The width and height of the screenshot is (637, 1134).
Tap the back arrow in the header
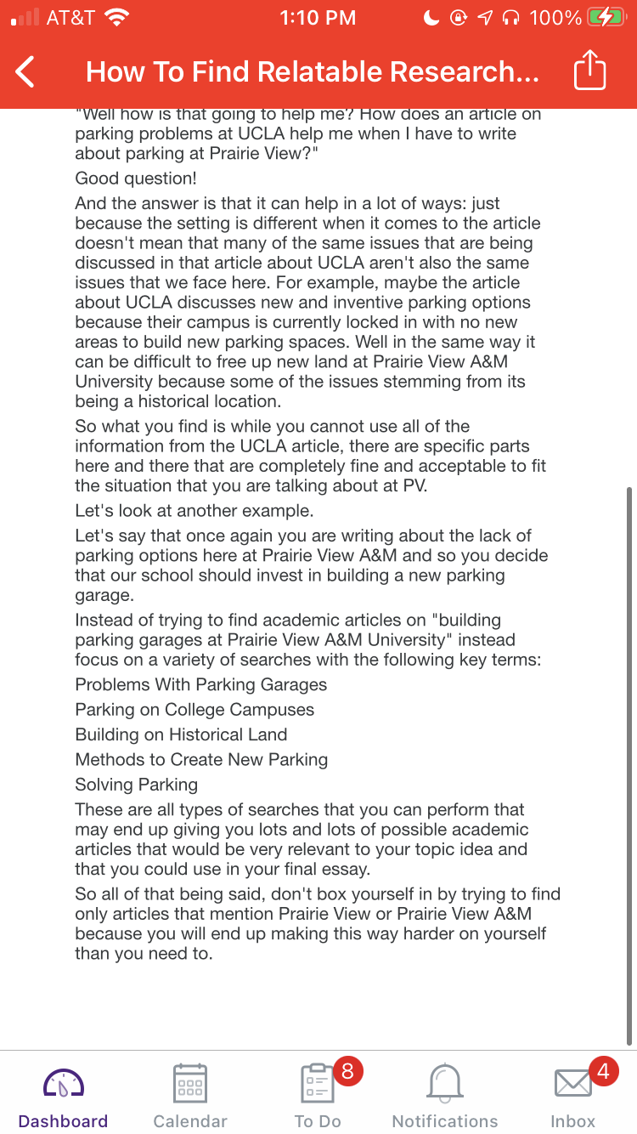(25, 72)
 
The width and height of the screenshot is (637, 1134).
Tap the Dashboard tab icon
(63, 1083)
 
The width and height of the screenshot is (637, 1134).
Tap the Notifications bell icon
(445, 1083)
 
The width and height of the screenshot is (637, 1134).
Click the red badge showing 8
(347, 1071)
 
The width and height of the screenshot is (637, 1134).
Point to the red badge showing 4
(603, 1071)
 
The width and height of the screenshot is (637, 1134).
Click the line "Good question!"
(136, 179)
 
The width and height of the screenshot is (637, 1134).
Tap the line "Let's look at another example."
(194, 512)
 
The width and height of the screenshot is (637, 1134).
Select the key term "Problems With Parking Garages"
(200, 685)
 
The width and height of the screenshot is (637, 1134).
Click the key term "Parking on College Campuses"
(194, 710)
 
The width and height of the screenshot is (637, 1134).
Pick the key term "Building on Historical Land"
(181, 734)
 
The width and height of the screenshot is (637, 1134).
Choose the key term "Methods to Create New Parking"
(201, 760)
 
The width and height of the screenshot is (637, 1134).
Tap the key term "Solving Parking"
(136, 785)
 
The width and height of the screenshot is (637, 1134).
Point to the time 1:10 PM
(318, 18)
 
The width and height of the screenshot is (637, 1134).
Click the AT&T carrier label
(70, 18)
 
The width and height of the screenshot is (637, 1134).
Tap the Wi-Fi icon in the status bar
(116, 18)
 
